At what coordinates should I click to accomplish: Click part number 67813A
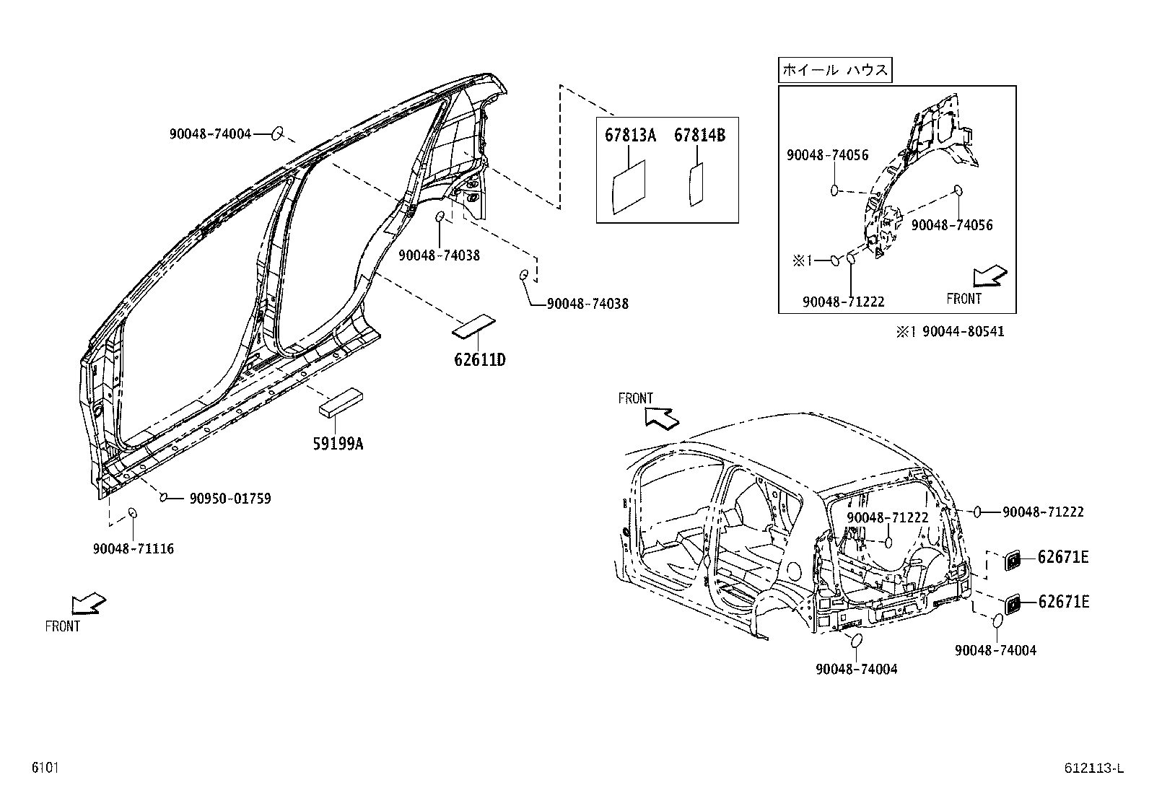coord(629,136)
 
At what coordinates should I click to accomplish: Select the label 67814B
coord(699,136)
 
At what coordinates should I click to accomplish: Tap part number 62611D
coord(479,359)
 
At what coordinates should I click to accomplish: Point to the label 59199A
coord(338,444)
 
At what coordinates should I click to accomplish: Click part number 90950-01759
coord(230,498)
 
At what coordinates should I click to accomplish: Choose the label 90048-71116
coord(134,548)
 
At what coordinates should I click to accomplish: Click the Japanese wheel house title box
coord(835,71)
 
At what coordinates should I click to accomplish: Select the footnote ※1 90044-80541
coord(950,331)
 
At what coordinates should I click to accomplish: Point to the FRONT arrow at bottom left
coord(89,603)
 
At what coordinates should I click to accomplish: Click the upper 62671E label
coord(1063,556)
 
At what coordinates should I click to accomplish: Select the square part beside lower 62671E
coord(1013,603)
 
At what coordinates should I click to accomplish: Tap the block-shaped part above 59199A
coord(341,403)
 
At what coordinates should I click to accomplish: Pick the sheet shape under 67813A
coord(629,187)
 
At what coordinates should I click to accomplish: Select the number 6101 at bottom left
coord(45,768)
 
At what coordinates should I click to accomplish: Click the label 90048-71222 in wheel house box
coord(843,302)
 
